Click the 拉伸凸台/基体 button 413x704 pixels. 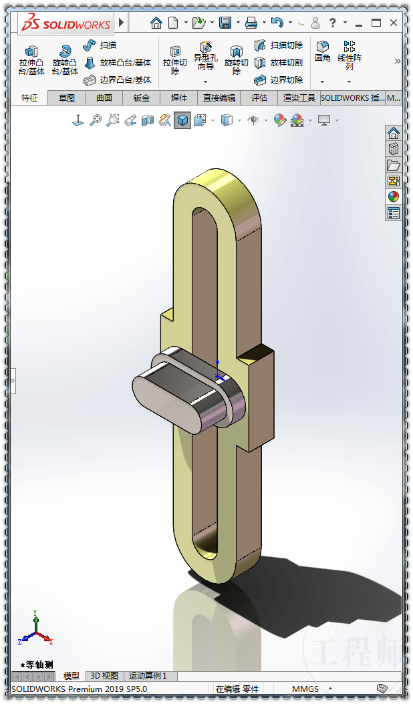click(31, 59)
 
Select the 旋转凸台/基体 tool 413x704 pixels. click(65, 59)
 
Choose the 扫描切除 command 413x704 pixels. click(279, 45)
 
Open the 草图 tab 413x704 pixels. click(67, 98)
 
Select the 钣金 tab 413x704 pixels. click(142, 98)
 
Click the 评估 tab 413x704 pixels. click(259, 98)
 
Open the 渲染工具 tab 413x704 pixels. click(299, 98)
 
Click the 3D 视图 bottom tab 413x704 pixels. click(104, 676)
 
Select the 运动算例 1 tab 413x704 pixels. click(148, 676)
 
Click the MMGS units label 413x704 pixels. click(305, 689)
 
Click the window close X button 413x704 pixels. click(394, 23)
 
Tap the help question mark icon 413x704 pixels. click(332, 23)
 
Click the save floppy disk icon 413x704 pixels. click(225, 23)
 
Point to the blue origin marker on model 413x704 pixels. click(218, 375)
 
